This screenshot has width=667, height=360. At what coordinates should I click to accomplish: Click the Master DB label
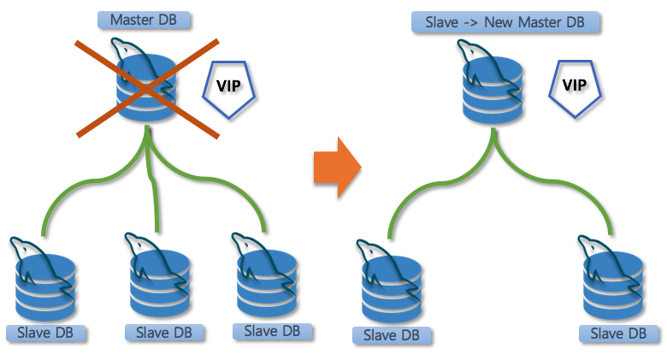pyautogui.click(x=143, y=18)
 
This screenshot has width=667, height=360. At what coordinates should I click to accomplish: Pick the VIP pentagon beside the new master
pyautogui.click(x=571, y=86)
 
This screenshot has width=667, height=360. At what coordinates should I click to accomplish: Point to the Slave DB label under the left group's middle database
pyautogui.click(x=158, y=332)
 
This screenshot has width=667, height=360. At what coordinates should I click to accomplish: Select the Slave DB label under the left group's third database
pyautogui.click(x=272, y=330)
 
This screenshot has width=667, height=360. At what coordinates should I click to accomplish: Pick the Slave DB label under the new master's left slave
pyautogui.click(x=391, y=335)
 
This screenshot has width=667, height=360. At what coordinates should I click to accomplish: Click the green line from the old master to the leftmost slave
pyautogui.click(x=77, y=185)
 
